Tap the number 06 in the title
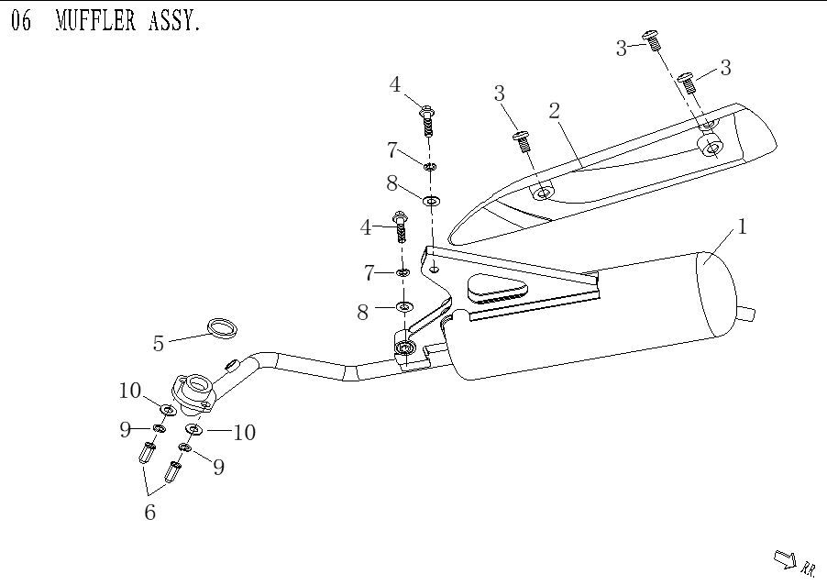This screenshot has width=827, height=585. (21, 21)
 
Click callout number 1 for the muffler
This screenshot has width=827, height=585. (742, 226)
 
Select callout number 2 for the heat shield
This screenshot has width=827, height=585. (554, 111)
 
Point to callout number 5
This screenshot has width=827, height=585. (159, 344)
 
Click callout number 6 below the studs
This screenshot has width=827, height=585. (149, 513)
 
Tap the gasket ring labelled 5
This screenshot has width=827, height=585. (220, 326)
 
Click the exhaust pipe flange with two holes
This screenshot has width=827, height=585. (193, 392)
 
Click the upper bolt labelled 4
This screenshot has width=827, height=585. (427, 118)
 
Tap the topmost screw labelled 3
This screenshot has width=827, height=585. (653, 39)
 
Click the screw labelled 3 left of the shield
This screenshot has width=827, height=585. (522, 138)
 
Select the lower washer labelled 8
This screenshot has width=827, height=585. (403, 304)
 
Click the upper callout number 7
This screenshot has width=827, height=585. (392, 149)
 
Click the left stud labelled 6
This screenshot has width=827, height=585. (145, 453)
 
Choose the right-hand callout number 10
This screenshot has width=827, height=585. (243, 432)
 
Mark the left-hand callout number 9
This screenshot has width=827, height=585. (126, 429)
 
